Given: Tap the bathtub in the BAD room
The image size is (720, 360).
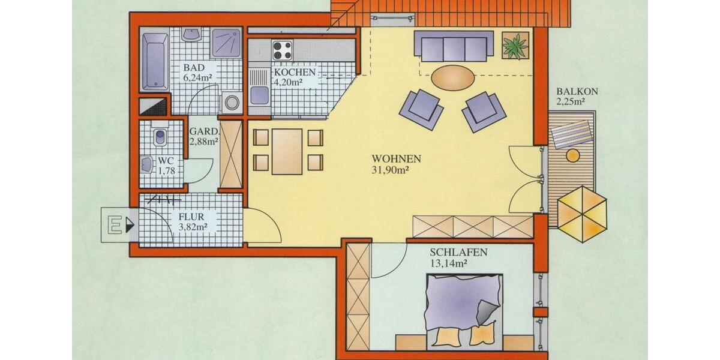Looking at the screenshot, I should (155, 61).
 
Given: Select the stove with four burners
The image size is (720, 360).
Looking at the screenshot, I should (283, 50).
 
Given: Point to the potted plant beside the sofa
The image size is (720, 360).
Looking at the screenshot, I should (515, 46).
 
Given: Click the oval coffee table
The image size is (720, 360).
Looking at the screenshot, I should (453, 77).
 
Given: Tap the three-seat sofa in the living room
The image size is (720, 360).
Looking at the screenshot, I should (454, 46).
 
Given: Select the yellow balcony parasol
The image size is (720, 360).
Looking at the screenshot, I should (582, 214).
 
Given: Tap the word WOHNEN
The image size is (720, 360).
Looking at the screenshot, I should (396, 159).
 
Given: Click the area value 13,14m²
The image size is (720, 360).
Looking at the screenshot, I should (449, 263).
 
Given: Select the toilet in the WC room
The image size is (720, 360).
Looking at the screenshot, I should (160, 137).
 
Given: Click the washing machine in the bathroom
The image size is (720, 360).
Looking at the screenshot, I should (232, 103).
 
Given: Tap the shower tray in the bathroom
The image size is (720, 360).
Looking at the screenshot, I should (226, 43).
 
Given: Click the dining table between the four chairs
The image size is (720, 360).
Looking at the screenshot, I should (287, 151).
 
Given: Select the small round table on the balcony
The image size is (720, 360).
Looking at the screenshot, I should (573, 156).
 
